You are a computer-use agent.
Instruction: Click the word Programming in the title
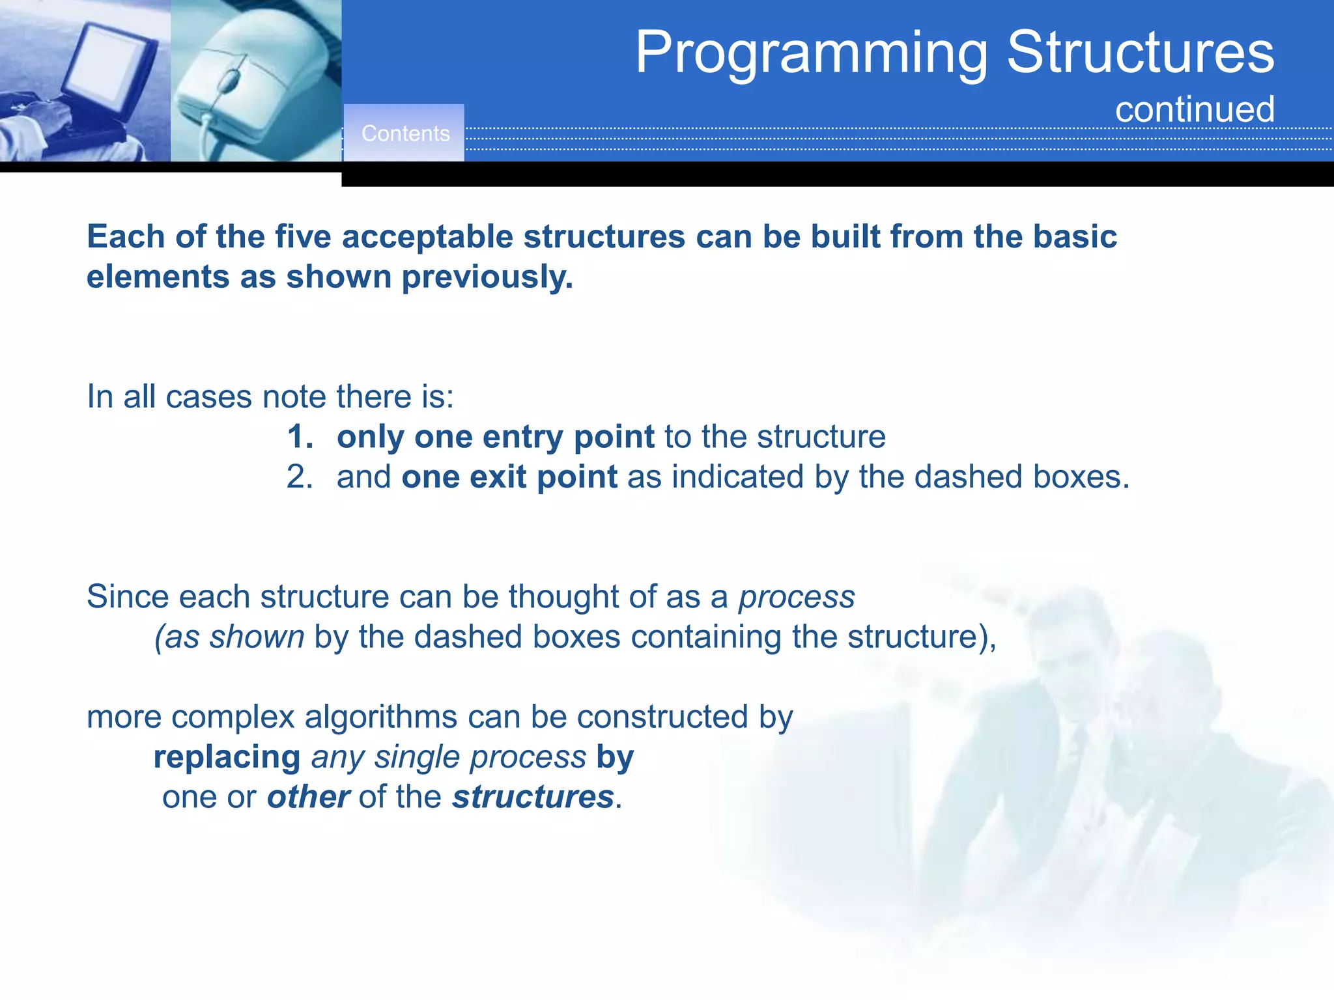point(812,53)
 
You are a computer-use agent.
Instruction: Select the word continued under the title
point(1195,109)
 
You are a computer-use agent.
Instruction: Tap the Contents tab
point(405,133)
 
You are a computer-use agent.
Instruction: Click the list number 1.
point(299,437)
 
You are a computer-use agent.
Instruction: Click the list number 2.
point(299,477)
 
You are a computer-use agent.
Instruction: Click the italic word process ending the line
point(796,597)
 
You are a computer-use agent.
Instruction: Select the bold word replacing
point(227,757)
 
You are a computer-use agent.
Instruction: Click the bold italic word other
point(308,797)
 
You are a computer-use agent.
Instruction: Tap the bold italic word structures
point(533,797)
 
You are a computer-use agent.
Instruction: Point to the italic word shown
point(256,637)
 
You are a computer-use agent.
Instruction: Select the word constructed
point(662,717)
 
